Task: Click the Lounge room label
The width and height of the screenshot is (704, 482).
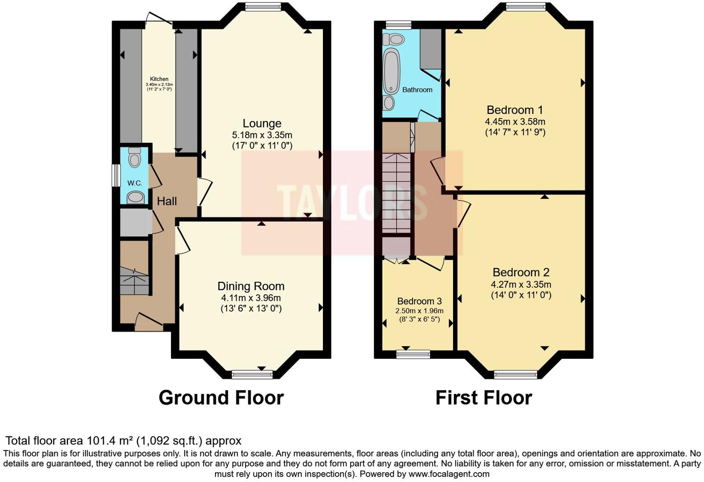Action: click(x=262, y=124)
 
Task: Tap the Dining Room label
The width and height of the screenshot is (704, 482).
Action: click(x=251, y=286)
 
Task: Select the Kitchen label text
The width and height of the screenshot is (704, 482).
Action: click(x=159, y=79)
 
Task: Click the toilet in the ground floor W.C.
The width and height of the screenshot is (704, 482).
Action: click(x=134, y=159)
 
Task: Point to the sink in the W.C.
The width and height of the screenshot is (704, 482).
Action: click(x=135, y=197)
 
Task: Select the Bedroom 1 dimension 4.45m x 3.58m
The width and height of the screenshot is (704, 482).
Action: click(x=515, y=122)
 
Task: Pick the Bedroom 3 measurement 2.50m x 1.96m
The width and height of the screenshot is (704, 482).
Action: click(x=419, y=311)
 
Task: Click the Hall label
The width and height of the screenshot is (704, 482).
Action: click(x=167, y=202)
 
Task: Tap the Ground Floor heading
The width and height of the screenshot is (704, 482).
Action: click(x=221, y=398)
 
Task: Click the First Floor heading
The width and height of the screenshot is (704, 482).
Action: click(x=484, y=398)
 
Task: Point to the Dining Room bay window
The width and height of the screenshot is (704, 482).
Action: click(x=252, y=374)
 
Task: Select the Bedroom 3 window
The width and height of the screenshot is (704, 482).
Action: click(x=413, y=355)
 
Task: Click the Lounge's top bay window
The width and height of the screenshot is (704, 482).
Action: click(x=263, y=6)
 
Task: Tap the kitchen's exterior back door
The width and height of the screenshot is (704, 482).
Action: click(x=158, y=18)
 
